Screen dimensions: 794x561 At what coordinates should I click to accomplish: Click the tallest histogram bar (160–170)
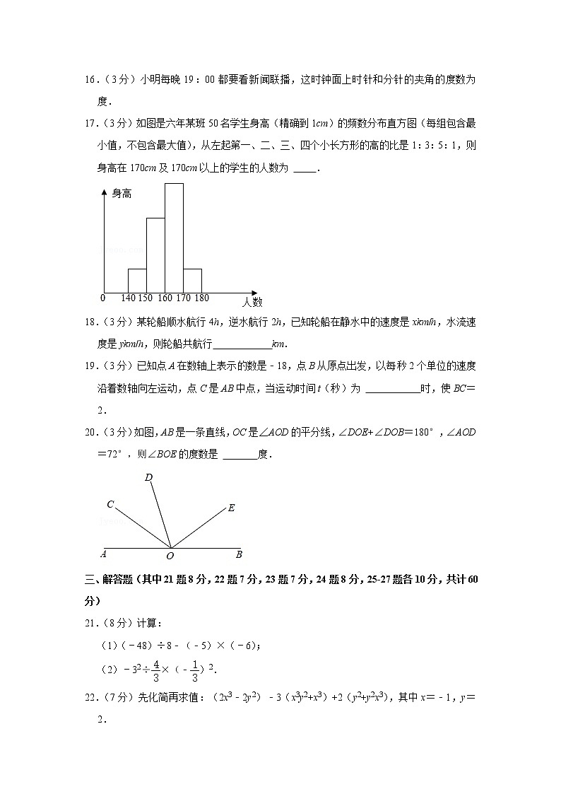[x=174, y=237]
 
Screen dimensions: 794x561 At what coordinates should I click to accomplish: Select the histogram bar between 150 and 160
[x=155, y=255]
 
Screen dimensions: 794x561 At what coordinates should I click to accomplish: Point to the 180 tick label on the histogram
[x=201, y=298]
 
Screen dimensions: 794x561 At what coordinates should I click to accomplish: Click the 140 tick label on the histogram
[x=128, y=298]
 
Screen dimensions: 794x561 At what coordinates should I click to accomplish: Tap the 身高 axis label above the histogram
[x=122, y=193]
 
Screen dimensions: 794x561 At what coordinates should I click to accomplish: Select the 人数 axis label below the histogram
[x=252, y=303]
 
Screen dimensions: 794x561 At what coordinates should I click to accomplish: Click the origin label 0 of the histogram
[x=103, y=298]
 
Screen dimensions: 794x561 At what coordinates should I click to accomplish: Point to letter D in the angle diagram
[x=148, y=478]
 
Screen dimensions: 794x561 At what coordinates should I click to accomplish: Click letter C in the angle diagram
[x=110, y=504]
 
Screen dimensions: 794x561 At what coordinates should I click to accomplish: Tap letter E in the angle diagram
[x=231, y=508]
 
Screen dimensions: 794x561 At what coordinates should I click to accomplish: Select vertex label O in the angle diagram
[x=170, y=556]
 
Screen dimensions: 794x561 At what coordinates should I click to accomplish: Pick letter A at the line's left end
[x=103, y=554]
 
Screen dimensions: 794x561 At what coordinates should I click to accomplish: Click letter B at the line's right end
[x=239, y=554]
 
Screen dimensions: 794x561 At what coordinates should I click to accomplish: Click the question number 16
[x=90, y=80]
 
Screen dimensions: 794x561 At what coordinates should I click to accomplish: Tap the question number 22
[x=90, y=699]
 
